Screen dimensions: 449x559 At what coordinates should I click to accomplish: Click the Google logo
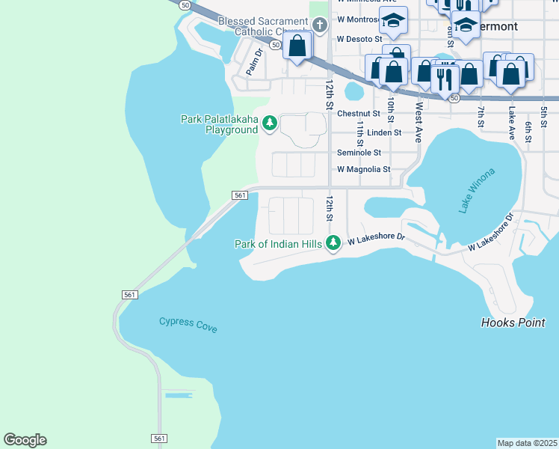(25, 440)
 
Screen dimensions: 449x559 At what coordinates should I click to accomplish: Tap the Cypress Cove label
(188, 324)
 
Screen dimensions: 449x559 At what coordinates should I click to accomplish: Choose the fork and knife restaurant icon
(445, 77)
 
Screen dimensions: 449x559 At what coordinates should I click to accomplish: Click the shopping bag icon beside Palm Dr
(297, 46)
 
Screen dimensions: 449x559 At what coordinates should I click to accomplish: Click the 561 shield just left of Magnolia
(239, 195)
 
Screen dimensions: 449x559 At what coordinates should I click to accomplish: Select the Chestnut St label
(359, 114)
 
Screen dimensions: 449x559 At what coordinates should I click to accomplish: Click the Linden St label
(384, 132)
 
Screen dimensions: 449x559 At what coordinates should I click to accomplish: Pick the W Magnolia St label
(363, 170)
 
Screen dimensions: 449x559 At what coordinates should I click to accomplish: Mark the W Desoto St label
(359, 38)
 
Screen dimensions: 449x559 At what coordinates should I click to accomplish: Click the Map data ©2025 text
(527, 443)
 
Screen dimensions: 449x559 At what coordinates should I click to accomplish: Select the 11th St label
(360, 132)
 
